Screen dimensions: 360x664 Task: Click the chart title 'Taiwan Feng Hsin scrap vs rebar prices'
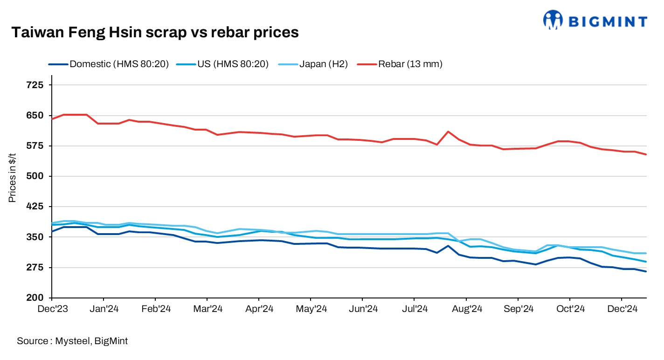tap(154, 32)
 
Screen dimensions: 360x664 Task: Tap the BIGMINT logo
tap(595, 21)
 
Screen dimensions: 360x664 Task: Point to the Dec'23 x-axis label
tap(52, 309)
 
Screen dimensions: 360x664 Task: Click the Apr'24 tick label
tap(259, 309)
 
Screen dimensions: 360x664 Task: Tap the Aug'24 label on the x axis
tap(466, 309)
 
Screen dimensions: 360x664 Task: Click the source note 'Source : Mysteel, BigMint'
tap(72, 341)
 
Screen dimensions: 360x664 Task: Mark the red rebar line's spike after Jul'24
tap(448, 132)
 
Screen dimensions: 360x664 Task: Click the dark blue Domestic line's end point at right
tap(646, 271)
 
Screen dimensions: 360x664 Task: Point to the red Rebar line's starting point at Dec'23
tap(52, 119)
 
